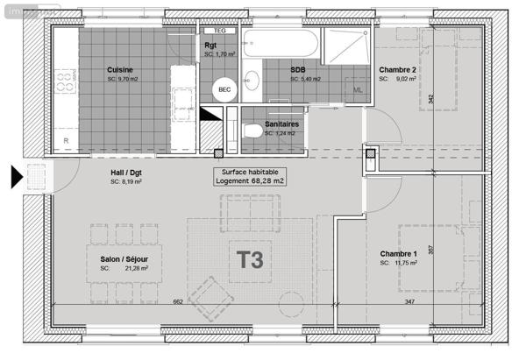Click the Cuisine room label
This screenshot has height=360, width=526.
[x=120, y=70]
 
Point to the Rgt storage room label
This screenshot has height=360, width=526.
[x=210, y=47]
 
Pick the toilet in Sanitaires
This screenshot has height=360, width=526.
[x=254, y=131]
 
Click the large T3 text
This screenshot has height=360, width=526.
[x=251, y=261]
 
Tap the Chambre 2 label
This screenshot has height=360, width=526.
[x=397, y=70]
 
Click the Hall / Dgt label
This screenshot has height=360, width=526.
[x=125, y=173]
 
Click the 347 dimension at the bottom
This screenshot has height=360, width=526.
[x=410, y=302]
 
